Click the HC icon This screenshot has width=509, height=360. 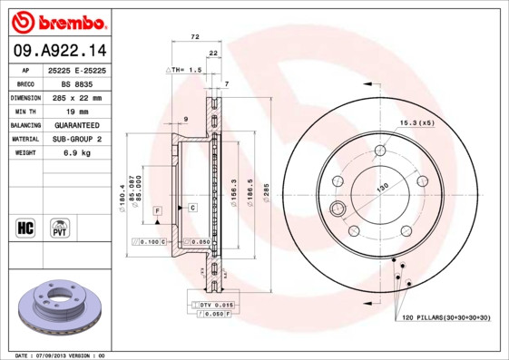(x=24, y=228)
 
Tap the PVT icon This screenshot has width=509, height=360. (x=60, y=228)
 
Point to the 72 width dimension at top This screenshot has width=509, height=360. (x=193, y=37)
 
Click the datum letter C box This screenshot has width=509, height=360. (x=191, y=208)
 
